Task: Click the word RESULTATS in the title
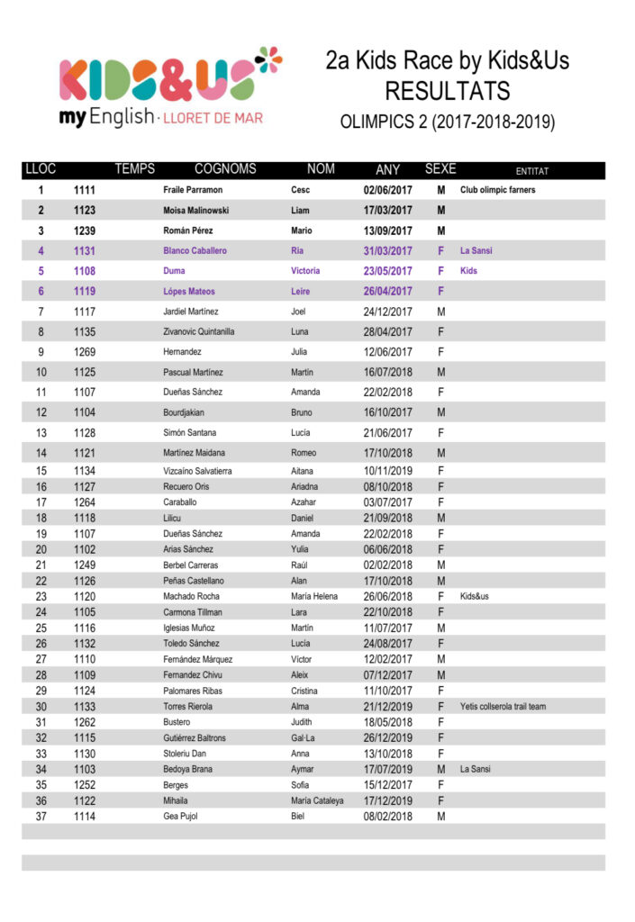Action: pos(447,91)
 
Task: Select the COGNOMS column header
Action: pos(225,169)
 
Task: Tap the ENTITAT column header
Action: pos(531,170)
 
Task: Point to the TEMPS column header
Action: pos(135,169)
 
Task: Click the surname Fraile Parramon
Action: pos(193,190)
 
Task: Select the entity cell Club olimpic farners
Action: pos(497,190)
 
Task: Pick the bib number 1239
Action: pos(85,230)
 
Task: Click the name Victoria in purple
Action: pos(305,271)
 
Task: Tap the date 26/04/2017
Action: pos(387,291)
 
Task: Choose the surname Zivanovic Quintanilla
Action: pos(199,331)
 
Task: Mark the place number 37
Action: pos(41,817)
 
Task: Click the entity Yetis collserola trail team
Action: pos(503,707)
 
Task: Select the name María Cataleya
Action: pos(317,800)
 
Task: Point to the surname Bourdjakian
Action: pos(184,412)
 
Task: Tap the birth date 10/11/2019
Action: pos(387,471)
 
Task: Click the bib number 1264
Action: pos(85,502)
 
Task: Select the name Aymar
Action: pos(303,769)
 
